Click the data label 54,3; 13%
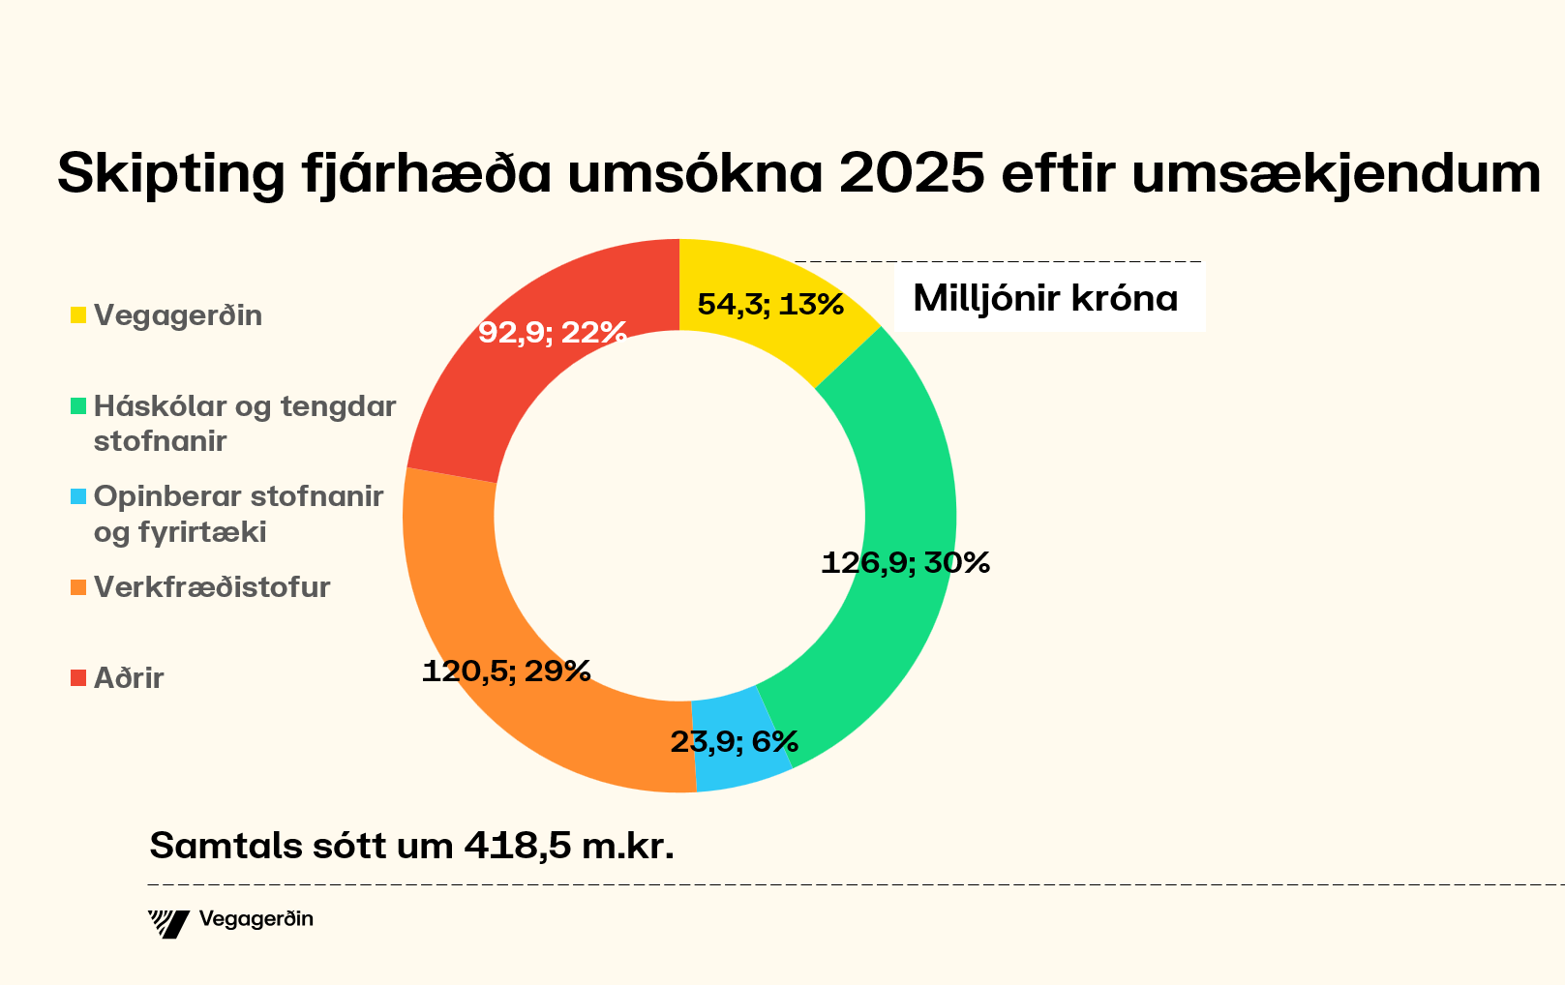[770, 305]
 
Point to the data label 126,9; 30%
[905, 562]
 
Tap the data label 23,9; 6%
[734, 742]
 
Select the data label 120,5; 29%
[506, 671]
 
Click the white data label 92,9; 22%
[553, 333]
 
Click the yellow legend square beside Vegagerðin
[78, 315]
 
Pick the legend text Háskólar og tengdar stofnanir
[244, 423]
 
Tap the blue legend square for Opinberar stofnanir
[78, 496]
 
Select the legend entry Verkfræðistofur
[211, 587]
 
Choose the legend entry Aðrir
[128, 678]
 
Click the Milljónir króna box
[1045, 298]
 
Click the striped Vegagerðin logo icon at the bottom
[168, 923]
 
